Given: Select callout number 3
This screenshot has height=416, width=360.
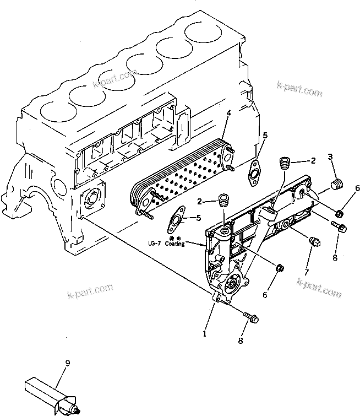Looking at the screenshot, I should click(x=330, y=158).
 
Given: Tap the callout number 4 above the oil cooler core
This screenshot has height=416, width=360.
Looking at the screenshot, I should click(x=228, y=114).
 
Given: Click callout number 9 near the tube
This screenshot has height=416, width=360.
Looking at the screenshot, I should click(x=68, y=363).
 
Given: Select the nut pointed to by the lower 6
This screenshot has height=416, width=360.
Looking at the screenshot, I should click(x=279, y=268).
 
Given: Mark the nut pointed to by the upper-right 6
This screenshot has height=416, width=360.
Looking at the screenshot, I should click(x=340, y=213).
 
